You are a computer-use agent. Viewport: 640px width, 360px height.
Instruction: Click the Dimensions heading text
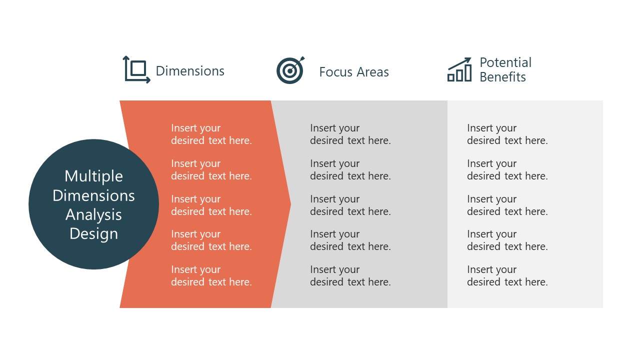[x=190, y=71]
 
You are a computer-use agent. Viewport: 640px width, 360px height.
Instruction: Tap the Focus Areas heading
[x=353, y=72]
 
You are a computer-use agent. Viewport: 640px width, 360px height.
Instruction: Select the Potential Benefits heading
[x=505, y=69]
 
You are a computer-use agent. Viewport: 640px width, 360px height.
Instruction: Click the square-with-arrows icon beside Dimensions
[x=136, y=69]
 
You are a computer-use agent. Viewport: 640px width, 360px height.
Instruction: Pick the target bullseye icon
[x=290, y=70]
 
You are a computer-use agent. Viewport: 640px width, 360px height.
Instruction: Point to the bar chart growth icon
[x=459, y=69]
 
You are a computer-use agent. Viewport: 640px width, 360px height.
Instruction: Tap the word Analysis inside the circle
[x=93, y=214]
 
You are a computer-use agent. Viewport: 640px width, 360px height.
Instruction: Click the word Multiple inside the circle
[x=93, y=176]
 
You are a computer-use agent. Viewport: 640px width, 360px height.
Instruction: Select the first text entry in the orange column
[x=211, y=134]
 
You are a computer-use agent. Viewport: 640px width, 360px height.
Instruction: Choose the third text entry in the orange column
[x=211, y=205]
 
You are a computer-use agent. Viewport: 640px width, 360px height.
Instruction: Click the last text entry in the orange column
[x=211, y=276]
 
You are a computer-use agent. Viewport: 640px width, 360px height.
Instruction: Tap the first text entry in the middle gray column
[x=350, y=134]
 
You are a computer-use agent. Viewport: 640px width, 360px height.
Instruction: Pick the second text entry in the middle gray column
[x=350, y=170]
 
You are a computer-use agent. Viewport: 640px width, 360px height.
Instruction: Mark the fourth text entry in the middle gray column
[x=350, y=240]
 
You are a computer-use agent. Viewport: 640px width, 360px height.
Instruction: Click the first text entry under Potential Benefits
[x=507, y=134]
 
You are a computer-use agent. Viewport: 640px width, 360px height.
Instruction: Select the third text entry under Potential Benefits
[x=507, y=205]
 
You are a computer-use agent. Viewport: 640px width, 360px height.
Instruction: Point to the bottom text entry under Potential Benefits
[x=507, y=276]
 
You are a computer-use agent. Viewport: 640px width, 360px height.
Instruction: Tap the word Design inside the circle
[x=93, y=233]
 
